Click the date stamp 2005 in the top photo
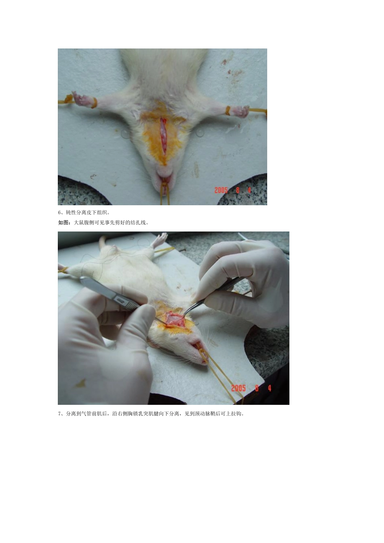(x=221, y=190)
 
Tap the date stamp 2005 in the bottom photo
(x=238, y=388)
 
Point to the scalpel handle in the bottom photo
(x=109, y=293)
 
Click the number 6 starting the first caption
(x=59, y=213)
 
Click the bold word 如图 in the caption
(x=63, y=222)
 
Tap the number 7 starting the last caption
(x=59, y=413)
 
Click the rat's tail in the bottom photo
(x=102, y=242)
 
